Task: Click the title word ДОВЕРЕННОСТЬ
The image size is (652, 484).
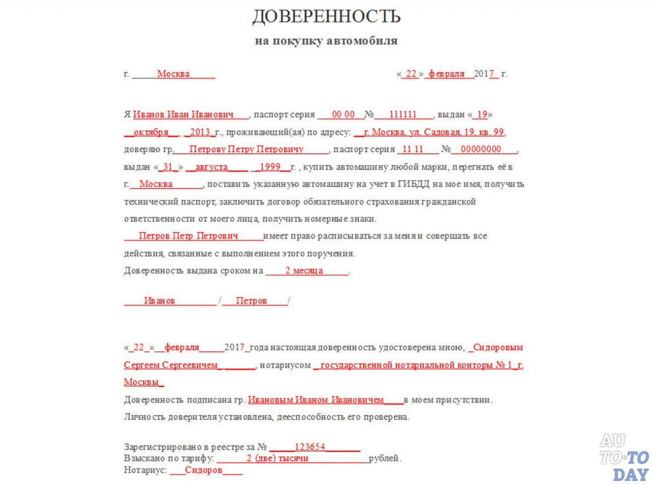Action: pyautogui.click(x=326, y=16)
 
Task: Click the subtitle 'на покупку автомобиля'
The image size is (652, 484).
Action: pyautogui.click(x=326, y=41)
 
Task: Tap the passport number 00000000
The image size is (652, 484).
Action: pyautogui.click(x=484, y=150)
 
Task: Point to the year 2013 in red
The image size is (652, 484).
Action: pyautogui.click(x=200, y=132)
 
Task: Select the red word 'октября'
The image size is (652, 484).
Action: pyautogui.click(x=151, y=132)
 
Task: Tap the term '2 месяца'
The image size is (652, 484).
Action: pyautogui.click(x=304, y=271)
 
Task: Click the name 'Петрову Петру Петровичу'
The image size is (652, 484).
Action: pyautogui.click(x=246, y=150)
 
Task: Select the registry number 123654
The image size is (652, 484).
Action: pyautogui.click(x=310, y=447)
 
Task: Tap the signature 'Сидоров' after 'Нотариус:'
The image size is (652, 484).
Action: pyautogui.click(x=204, y=470)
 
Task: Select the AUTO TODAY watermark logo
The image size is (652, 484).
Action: pyautogui.click(x=624, y=457)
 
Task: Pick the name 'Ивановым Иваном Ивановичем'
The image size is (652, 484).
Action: pyautogui.click(x=316, y=400)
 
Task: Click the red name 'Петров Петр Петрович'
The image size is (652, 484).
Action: pyautogui.click(x=188, y=236)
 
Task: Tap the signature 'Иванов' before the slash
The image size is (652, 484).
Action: pyautogui.click(x=159, y=301)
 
